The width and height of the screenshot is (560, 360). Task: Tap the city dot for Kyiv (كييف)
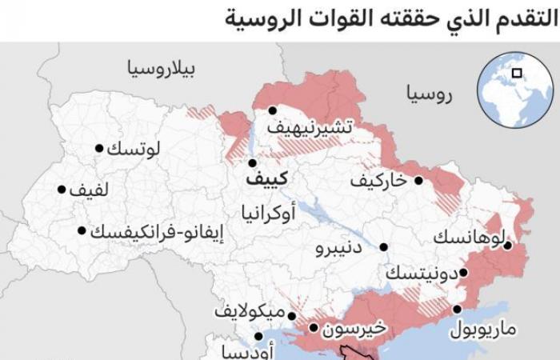(x=252, y=162)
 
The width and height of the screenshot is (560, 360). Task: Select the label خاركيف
(x=378, y=181)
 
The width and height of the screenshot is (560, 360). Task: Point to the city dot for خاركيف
(x=418, y=180)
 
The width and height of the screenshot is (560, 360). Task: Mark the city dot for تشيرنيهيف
(x=273, y=110)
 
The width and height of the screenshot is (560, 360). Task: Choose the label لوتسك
(x=133, y=148)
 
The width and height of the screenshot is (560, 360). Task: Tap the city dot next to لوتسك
(x=99, y=148)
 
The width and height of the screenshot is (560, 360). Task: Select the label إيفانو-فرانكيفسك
(x=157, y=232)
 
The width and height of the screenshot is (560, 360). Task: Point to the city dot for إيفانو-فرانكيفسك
(x=82, y=230)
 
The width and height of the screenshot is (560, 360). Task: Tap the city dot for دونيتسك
(x=463, y=273)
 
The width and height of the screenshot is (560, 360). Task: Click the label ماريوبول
(x=482, y=328)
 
